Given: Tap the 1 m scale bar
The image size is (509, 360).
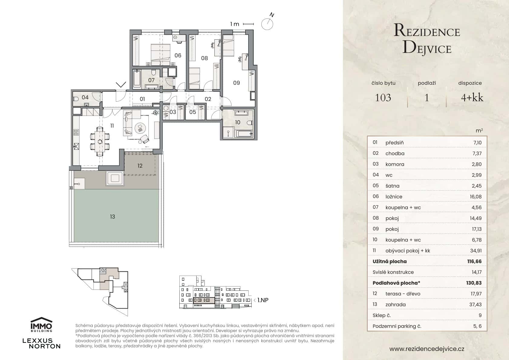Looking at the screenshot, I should coord(248,24).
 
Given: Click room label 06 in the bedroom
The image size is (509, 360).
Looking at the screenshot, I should coord(178,55).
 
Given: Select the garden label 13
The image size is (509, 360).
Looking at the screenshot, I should coord(113,217).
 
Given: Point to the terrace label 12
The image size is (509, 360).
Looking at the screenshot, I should coord(140,166).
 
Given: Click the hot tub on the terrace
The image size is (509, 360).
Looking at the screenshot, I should coord(115,178).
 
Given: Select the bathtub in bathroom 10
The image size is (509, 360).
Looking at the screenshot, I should coord(244,133).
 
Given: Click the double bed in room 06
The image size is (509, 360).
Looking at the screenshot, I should coord(160,54).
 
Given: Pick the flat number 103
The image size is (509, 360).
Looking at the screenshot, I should coord(383,97).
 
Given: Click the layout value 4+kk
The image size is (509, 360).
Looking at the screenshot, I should coord(472,97).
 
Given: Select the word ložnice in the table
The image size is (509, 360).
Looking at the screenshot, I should coord(394,197).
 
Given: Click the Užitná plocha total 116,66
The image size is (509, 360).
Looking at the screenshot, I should coord(474,261).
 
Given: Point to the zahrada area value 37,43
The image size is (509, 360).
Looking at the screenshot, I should coord(475,305).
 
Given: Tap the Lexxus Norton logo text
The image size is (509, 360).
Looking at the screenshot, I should coord(41,343).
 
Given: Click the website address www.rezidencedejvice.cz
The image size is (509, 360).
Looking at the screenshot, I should coord(427,349).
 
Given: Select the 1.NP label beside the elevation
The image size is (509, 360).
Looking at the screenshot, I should coord(263,300).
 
